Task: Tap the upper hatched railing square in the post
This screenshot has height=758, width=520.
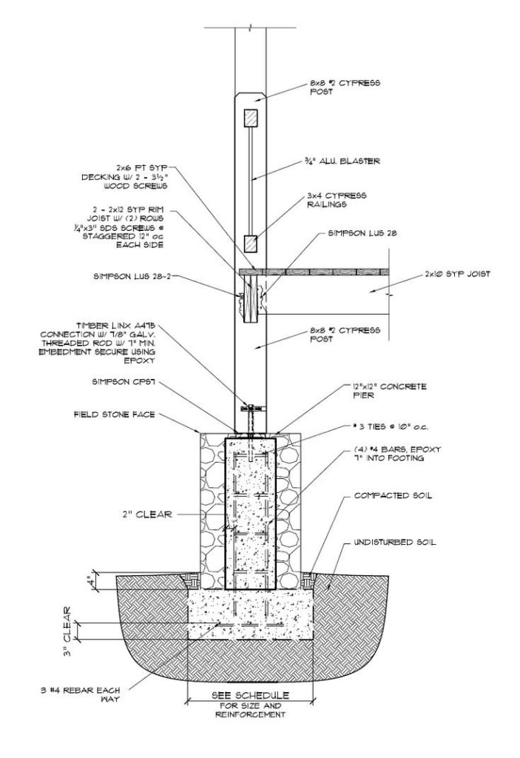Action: (x=251, y=118)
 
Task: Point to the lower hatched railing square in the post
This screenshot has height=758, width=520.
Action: (x=251, y=241)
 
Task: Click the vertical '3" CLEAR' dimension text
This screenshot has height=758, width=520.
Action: (x=67, y=633)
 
